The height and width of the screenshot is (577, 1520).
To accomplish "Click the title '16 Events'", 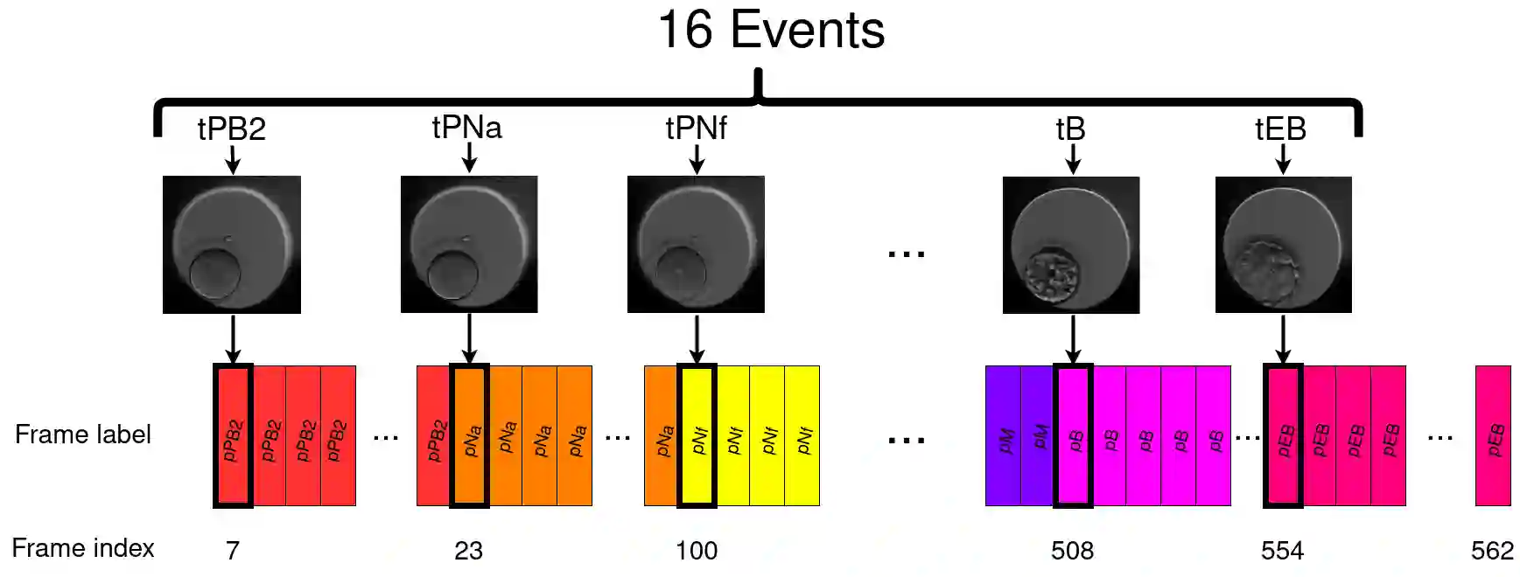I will point(771,31).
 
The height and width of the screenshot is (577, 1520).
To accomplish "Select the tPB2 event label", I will point(231,129).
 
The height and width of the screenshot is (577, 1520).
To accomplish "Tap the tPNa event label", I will point(467,128).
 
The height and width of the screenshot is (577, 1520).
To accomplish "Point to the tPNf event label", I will point(697,129).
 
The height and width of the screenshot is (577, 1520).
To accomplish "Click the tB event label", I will point(1071,129).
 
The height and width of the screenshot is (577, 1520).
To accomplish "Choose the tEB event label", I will point(1281,129).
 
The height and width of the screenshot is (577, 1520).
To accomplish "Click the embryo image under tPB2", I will point(232,245).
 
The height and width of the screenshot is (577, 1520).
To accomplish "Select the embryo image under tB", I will point(1071,245).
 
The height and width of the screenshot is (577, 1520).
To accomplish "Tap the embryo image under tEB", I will point(1283,245).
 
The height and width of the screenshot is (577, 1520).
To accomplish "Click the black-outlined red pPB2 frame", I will point(233,435).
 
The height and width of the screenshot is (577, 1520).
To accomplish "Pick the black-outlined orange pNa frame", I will point(469,435).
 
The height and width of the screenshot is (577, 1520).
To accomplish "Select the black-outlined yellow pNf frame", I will point(697,435).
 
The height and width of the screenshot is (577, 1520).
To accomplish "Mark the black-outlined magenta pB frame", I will point(1073,435).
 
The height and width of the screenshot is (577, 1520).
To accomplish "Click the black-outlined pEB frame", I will point(1283,435).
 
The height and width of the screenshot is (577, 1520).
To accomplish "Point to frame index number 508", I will point(1073,551).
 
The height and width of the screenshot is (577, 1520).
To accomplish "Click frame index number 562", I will point(1492,551).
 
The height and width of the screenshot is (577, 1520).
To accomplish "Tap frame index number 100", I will point(697,551).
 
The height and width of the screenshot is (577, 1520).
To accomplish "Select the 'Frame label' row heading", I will point(83,434).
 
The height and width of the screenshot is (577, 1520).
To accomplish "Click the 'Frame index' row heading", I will point(83,548).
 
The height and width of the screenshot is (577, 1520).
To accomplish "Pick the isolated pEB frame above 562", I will point(1493,435).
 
